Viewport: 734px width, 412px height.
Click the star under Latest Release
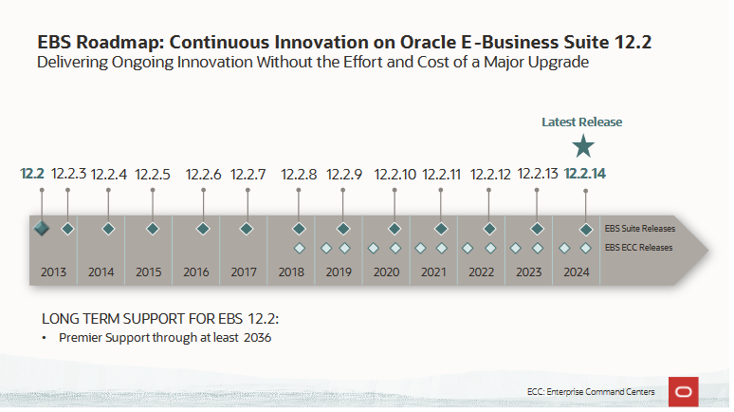[584, 145]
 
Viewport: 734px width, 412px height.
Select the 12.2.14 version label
[584, 174]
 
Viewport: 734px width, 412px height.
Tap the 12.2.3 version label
[68, 174]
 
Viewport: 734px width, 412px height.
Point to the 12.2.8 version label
[299, 174]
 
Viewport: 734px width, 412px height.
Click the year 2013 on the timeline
[53, 272]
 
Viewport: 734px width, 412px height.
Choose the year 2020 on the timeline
[386, 272]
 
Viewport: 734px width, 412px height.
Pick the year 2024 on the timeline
[576, 272]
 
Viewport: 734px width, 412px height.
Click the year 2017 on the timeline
[244, 272]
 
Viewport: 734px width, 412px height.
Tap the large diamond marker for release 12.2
[42, 229]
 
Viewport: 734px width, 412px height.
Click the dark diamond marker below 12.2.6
[203, 229]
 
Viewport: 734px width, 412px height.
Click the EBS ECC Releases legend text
[638, 248]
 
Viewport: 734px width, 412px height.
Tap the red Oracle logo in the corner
[684, 391]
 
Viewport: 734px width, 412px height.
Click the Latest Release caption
[581, 122]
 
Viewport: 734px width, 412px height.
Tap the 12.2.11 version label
[441, 174]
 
